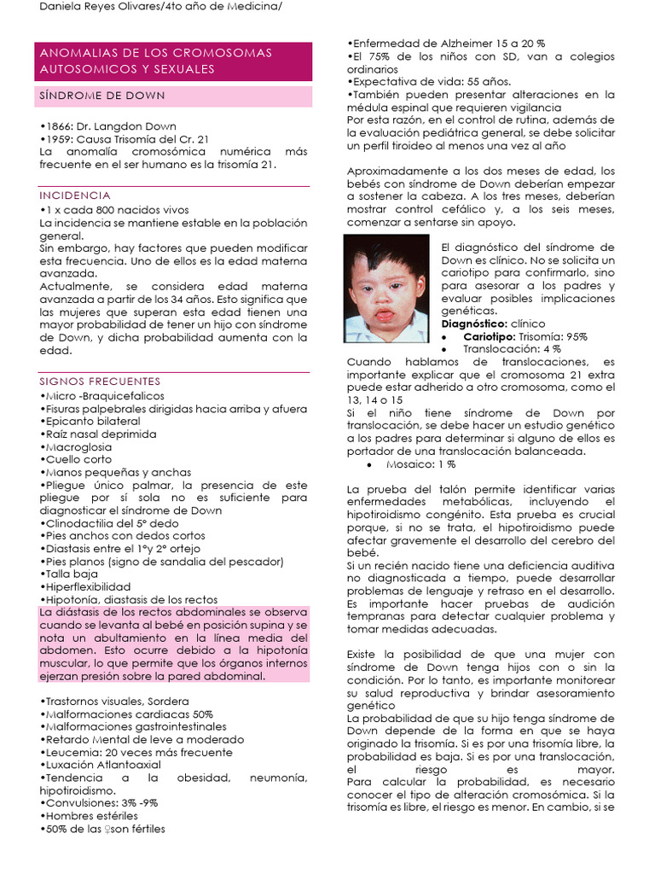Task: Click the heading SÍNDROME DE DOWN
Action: (102, 96)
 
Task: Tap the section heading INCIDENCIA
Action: (75, 195)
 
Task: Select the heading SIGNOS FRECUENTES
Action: (100, 381)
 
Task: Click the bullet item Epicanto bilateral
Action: (90, 422)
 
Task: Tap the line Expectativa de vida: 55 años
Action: (430, 82)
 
